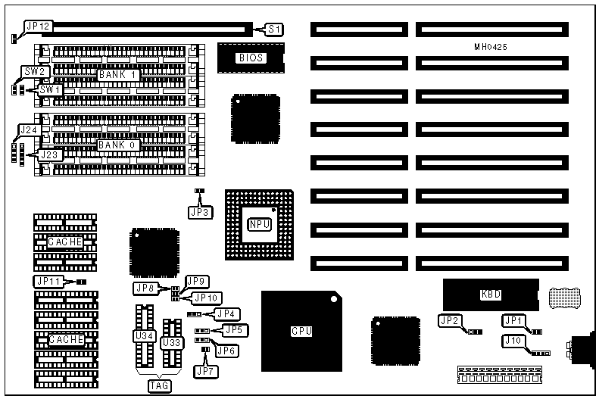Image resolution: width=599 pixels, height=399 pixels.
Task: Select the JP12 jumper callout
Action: (37, 26)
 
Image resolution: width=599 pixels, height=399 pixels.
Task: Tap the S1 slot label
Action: (275, 30)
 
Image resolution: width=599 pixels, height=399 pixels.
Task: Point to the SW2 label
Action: (35, 72)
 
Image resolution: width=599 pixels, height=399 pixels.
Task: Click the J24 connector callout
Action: (29, 130)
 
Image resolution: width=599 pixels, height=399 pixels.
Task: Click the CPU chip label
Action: (301, 331)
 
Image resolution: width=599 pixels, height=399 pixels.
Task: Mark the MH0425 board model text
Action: (491, 47)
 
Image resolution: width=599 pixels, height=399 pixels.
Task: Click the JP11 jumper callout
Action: (47, 282)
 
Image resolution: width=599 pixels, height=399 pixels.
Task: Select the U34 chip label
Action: (142, 335)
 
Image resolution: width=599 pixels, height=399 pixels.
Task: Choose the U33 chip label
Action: (171, 343)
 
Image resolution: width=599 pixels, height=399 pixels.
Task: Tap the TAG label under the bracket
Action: (159, 385)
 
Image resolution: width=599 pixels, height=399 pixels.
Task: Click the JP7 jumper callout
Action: (204, 371)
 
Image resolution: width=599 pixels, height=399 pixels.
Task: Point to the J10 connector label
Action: (513, 341)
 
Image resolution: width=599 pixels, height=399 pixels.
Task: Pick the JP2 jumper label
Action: (449, 321)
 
